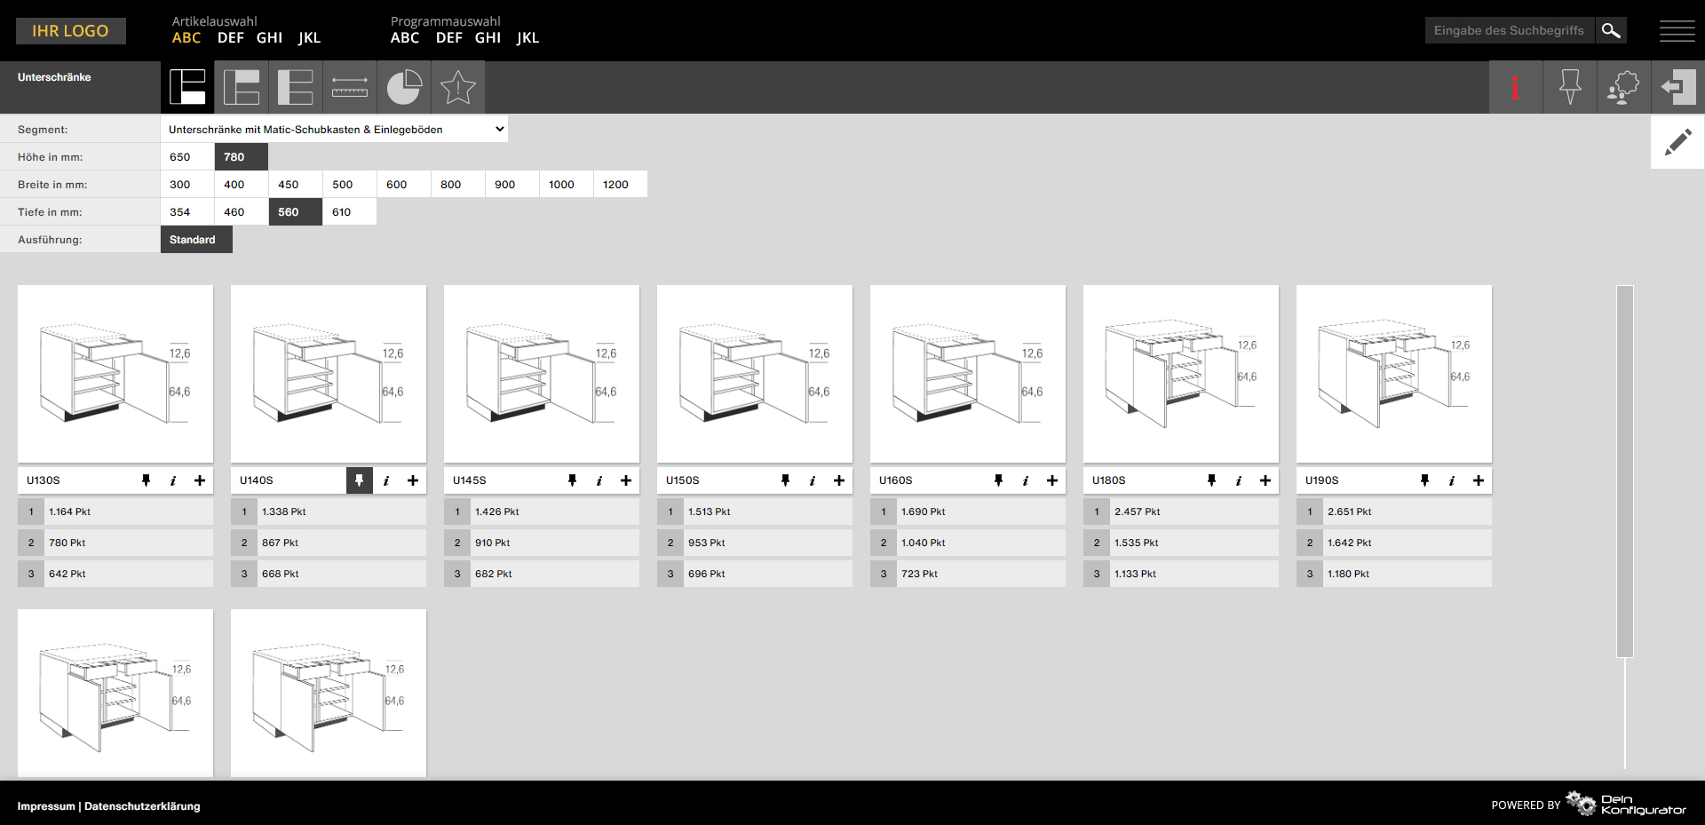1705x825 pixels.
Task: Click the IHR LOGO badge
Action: click(x=71, y=31)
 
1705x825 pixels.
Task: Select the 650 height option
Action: click(x=187, y=157)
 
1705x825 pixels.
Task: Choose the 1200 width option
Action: click(x=620, y=185)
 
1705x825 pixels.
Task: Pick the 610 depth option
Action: click(x=349, y=212)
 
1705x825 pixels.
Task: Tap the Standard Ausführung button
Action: click(x=196, y=240)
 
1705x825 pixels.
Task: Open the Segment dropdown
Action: click(x=334, y=130)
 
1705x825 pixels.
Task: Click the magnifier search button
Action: click(x=1611, y=30)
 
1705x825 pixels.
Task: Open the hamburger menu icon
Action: click(x=1677, y=31)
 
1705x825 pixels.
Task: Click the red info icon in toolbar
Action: click(x=1516, y=87)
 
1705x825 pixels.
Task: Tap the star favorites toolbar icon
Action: click(x=458, y=87)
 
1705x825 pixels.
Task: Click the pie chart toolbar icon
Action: click(x=404, y=87)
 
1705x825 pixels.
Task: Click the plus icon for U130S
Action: click(x=200, y=480)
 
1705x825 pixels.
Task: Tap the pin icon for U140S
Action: click(x=359, y=480)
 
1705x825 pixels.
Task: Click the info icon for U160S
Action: click(x=1026, y=480)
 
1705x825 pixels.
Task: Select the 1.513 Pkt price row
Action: click(x=755, y=512)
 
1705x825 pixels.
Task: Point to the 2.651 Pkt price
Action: click(x=1349, y=512)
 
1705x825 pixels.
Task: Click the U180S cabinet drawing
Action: click(x=1181, y=374)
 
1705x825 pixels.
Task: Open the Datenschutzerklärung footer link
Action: click(x=142, y=806)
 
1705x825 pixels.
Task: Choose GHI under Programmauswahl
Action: click(x=488, y=37)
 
